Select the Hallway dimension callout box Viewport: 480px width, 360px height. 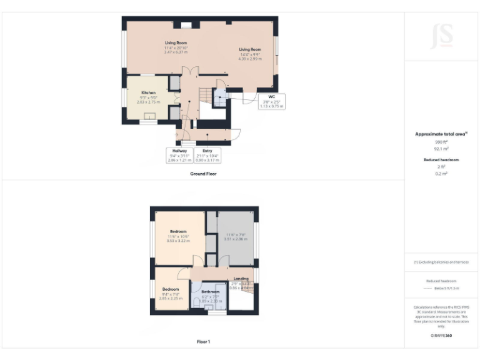[179, 155]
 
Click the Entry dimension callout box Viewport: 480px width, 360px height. [207, 155]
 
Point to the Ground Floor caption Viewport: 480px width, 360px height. [203, 174]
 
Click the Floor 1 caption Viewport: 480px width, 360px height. [203, 342]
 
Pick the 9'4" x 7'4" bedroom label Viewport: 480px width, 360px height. [171, 294]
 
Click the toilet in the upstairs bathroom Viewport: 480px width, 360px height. [199, 301]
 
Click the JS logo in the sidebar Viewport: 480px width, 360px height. [441, 36]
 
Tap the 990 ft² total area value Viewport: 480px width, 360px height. [441, 142]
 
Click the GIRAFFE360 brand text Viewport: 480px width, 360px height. [441, 336]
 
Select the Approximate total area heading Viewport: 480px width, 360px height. [441, 134]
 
